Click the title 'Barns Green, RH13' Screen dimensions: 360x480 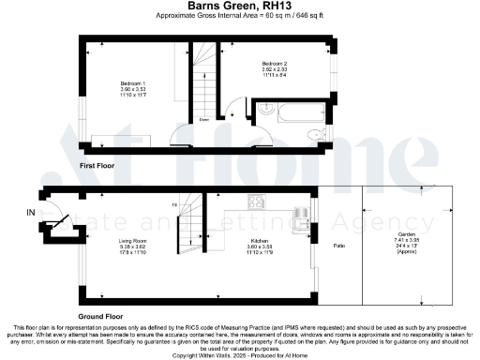(240, 6)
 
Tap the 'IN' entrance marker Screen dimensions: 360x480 (31, 213)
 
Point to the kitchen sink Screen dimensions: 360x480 (300, 218)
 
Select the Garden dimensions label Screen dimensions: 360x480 (407, 244)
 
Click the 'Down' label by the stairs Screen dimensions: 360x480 (203, 120)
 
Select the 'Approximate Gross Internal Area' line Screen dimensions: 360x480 (240, 17)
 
